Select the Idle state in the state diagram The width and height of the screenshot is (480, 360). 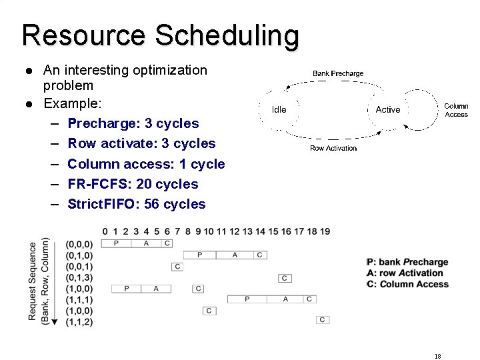(x=279, y=109)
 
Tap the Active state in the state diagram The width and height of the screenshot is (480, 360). (x=388, y=109)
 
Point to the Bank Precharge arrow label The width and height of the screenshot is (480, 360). (x=338, y=73)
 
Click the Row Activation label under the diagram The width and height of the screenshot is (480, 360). (x=333, y=148)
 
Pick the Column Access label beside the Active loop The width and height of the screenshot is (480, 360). (x=456, y=110)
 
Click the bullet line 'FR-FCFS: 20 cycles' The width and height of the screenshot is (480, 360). (x=133, y=184)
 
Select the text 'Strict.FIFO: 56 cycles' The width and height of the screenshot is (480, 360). (x=137, y=204)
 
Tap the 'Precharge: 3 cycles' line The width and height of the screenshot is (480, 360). (x=133, y=123)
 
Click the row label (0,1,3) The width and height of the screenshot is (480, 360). (x=79, y=277)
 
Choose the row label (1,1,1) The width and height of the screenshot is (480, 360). (x=79, y=300)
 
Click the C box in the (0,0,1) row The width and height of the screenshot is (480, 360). (x=177, y=267)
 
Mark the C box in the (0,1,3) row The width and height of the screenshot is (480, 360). (x=285, y=278)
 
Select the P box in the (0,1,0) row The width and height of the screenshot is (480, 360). (x=200, y=255)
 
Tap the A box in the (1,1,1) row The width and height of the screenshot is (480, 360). (x=285, y=299)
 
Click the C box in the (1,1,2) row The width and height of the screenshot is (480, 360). (x=323, y=320)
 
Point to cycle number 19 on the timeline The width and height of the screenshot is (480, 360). (x=325, y=231)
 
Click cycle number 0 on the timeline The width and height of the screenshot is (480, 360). (x=105, y=231)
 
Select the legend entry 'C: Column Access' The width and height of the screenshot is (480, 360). (x=409, y=284)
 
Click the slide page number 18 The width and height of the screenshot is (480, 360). (x=437, y=356)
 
